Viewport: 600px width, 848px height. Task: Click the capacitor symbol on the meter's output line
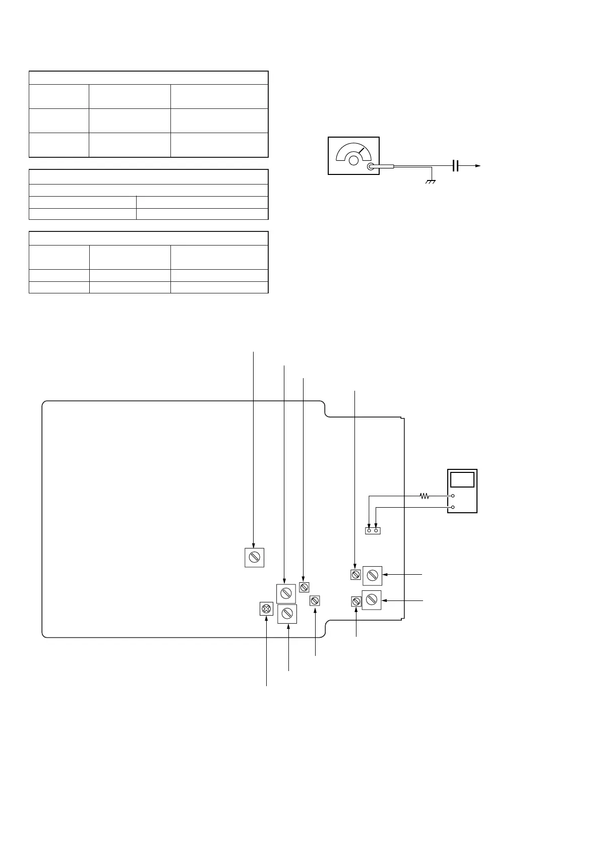click(456, 165)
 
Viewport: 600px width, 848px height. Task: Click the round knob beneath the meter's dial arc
click(354, 161)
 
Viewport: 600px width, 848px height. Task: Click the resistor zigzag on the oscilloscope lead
click(425, 496)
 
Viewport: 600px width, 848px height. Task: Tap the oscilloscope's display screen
click(462, 479)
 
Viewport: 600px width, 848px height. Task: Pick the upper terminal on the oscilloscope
click(453, 496)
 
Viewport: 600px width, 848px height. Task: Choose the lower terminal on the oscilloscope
click(453, 507)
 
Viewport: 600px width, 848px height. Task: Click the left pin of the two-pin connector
click(369, 531)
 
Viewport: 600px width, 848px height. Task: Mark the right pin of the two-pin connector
click(376, 531)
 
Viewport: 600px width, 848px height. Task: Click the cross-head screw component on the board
click(266, 609)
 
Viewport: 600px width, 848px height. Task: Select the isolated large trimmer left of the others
click(254, 557)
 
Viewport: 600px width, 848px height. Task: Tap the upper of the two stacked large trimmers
click(286, 593)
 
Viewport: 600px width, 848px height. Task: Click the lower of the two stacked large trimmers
click(287, 614)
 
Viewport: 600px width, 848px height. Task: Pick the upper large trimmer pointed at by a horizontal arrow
click(372, 575)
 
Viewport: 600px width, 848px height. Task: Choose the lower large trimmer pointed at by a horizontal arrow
click(372, 599)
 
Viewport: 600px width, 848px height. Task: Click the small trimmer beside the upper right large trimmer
click(355, 574)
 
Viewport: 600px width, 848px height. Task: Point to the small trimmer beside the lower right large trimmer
click(356, 601)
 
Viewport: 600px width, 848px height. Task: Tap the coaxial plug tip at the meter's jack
click(372, 167)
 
